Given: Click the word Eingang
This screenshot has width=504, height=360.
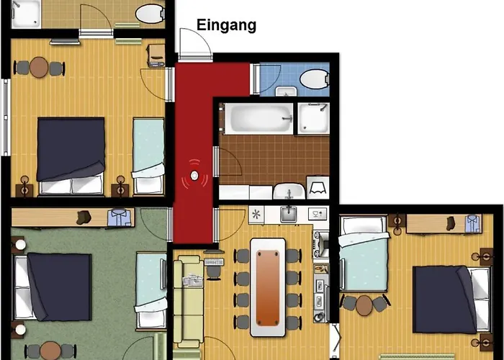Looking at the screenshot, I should tap(227, 27).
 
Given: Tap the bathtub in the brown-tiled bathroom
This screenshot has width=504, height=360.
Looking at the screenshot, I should tap(258, 118).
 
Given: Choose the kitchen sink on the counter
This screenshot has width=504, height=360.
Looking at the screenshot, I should tap(288, 213).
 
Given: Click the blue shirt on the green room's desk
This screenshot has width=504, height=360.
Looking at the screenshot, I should tap(118, 216).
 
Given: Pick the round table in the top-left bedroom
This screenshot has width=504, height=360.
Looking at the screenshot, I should tap(40, 68).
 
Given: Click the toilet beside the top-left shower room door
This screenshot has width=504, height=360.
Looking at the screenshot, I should tap(149, 12).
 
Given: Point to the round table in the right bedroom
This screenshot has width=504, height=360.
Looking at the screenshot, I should tap(365, 303).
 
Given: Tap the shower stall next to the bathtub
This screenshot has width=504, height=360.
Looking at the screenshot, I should tap(314, 118).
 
